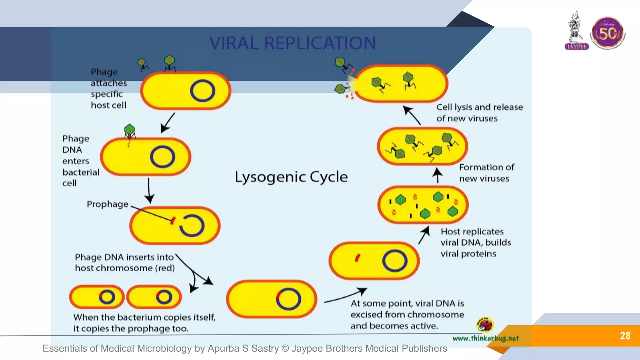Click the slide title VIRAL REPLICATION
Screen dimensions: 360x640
coord(292,43)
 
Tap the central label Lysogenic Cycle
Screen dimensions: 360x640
coord(291,177)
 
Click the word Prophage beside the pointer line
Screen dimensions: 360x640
coord(107,204)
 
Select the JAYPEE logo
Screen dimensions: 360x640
coord(577,31)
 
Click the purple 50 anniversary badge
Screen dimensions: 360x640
coord(607,33)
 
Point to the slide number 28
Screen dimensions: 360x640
coord(625,336)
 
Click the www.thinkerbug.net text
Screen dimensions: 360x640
coord(486,338)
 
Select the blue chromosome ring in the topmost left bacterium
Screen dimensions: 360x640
coord(202,91)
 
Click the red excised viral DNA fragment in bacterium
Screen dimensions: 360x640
coord(357,258)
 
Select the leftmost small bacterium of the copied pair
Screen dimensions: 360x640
coord(97,297)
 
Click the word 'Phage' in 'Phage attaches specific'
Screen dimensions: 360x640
coord(104,72)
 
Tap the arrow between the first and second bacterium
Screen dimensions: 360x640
coord(168,123)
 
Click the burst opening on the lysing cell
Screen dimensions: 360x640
coord(352,84)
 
